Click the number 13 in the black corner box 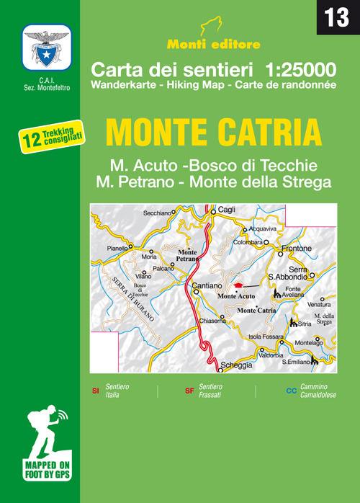337,18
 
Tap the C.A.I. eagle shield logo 47,48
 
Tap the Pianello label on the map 117,248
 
